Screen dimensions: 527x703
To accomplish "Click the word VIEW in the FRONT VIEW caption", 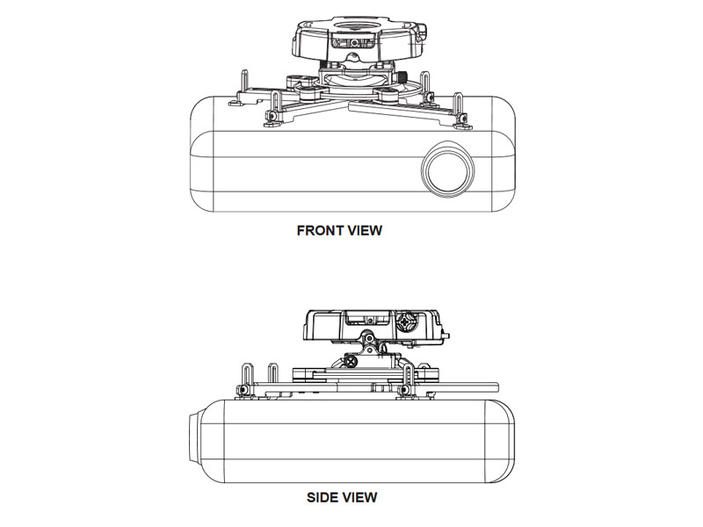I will tap(364, 231).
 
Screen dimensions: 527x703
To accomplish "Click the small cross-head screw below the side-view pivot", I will tap(350, 360).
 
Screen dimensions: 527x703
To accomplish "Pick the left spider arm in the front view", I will tap(299, 105).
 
